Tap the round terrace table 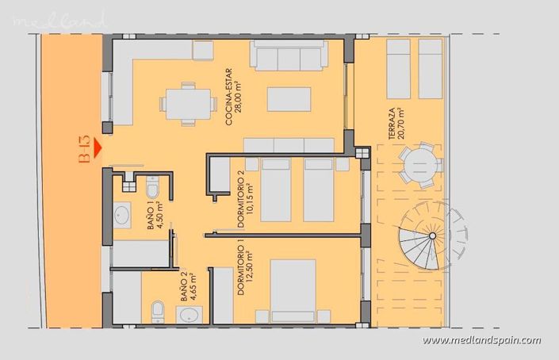click(421, 167)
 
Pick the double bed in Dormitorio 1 click(306, 290)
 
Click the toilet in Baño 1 click(154, 188)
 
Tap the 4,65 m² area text click(193, 289)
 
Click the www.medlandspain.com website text click(482, 341)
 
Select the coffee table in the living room click(288, 99)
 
